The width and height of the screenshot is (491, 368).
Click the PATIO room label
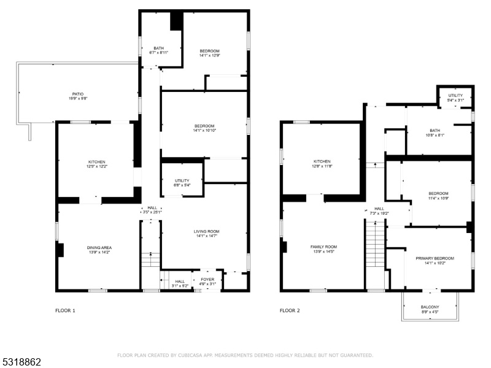point(78,94)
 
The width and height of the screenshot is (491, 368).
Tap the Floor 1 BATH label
point(159,48)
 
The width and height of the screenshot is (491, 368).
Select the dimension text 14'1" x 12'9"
point(209,55)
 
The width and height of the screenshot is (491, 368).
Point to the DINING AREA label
point(99,248)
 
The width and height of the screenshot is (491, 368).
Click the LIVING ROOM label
point(206,232)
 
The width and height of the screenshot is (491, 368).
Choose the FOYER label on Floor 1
point(207,280)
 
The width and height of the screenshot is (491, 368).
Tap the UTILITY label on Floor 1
point(182,180)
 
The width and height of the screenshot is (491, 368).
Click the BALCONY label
point(430,307)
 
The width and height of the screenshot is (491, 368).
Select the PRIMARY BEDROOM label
point(435,258)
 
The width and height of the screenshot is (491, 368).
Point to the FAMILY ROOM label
point(324,247)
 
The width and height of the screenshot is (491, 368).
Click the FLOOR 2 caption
point(290,310)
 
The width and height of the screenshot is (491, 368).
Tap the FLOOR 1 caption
point(65,310)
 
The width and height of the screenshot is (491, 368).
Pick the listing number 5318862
point(21,362)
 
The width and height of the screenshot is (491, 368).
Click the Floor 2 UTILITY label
point(455,96)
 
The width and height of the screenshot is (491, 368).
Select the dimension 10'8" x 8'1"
point(435,135)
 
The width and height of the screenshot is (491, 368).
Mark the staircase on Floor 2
point(375,244)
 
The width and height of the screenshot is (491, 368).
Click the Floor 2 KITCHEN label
point(322,161)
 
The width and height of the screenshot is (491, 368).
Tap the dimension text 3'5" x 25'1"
point(152,212)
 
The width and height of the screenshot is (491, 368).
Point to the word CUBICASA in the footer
point(189,355)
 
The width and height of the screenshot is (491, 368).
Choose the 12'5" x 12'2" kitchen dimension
point(97,166)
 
